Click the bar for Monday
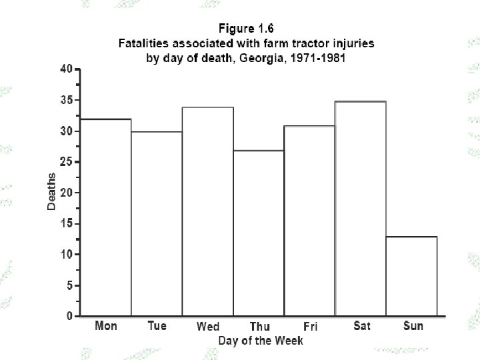[x=105, y=217]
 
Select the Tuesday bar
[x=157, y=223]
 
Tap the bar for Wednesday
[x=208, y=211]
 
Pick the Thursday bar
[x=259, y=233]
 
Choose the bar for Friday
[x=310, y=221]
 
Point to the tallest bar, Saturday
[x=361, y=208]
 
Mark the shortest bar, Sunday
[x=412, y=276]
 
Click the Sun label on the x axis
[x=413, y=326]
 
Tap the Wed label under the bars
[x=208, y=326]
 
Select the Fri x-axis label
[x=311, y=326]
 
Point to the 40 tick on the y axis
[x=67, y=69]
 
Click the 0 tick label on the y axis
[x=70, y=316]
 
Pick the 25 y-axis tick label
[x=67, y=161]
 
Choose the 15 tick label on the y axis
[x=67, y=223]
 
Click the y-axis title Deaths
[x=51, y=191]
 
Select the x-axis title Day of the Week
[x=261, y=341]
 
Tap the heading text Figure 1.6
[x=246, y=29]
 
